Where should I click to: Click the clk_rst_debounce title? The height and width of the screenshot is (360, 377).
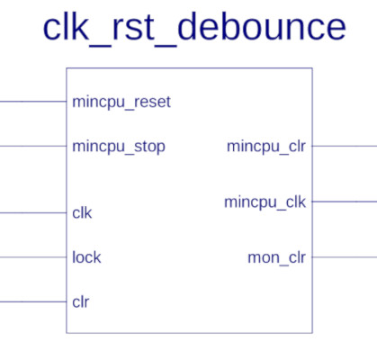[194, 28]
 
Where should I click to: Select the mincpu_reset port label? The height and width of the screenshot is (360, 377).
[121, 102]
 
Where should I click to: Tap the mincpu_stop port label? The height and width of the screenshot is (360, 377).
[119, 147]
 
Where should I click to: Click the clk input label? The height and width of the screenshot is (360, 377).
[82, 213]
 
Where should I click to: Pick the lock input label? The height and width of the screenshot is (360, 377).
[86, 257]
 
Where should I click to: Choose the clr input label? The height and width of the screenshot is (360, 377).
[81, 301]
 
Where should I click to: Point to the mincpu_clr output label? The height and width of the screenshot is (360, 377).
[266, 147]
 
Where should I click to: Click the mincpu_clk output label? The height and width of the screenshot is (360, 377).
[265, 202]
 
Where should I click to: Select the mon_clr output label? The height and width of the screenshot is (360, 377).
[277, 257]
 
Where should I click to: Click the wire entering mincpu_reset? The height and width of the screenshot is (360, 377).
[33, 102]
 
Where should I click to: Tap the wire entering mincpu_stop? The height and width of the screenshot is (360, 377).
[33, 146]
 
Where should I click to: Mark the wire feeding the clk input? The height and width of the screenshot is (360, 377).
[33, 212]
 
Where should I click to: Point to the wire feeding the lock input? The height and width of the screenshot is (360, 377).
[33, 257]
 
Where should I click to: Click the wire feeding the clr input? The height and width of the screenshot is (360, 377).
[33, 301]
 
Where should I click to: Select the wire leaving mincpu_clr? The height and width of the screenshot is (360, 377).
[345, 146]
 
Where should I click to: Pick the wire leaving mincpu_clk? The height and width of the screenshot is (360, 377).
[345, 202]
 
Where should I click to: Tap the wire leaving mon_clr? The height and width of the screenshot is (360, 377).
[345, 257]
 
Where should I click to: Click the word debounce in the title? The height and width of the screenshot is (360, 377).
[262, 26]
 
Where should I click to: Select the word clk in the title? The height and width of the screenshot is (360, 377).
[67, 26]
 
